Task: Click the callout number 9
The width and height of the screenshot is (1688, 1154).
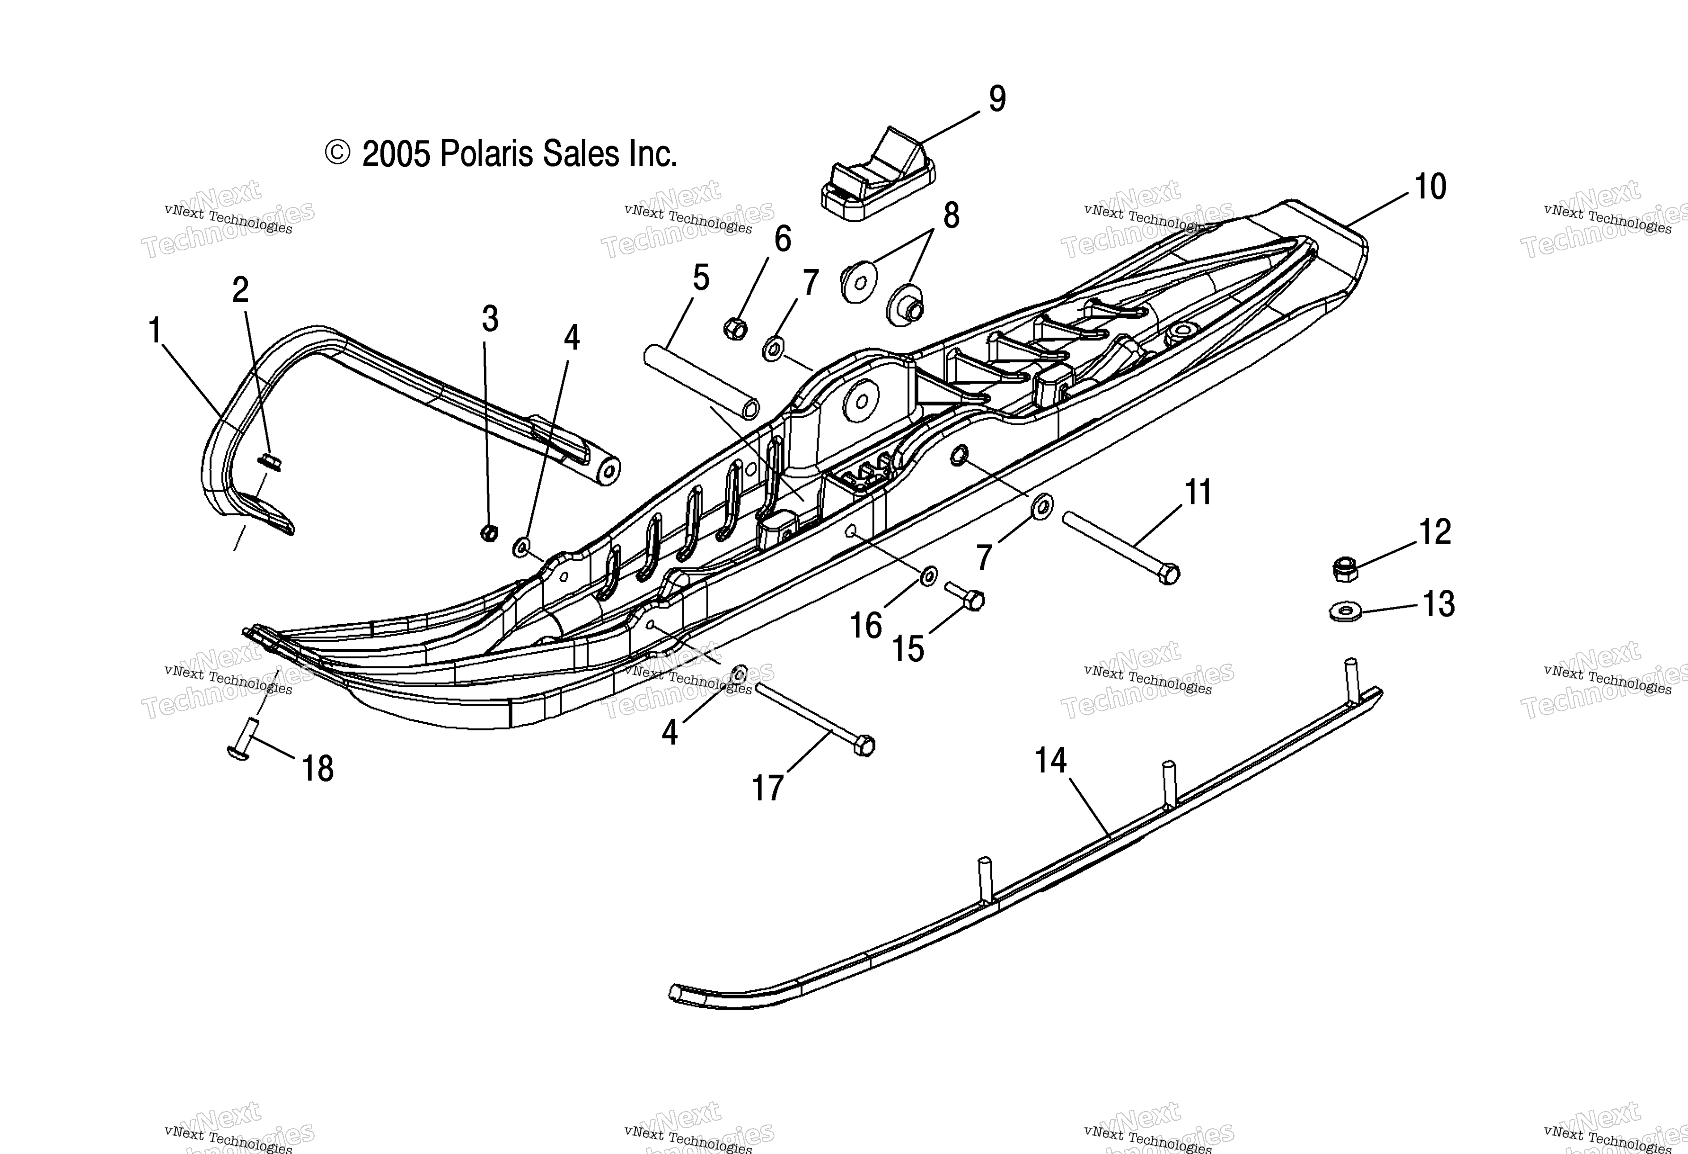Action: [x=997, y=100]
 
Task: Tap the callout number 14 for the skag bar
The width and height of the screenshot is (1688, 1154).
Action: [x=1051, y=761]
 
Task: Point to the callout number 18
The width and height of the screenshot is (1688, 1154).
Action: [x=317, y=769]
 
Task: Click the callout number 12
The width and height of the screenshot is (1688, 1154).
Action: [x=1434, y=533]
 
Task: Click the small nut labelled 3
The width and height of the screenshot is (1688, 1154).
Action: [x=489, y=533]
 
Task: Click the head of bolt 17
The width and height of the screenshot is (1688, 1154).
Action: [x=863, y=746]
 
